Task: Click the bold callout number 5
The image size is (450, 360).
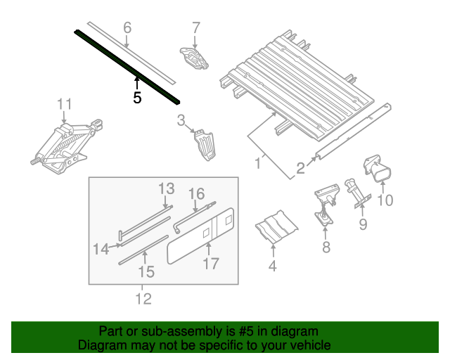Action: pos(137,98)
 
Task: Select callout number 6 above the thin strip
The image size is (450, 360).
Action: pos(127,28)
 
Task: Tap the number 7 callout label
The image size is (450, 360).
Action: pos(195,28)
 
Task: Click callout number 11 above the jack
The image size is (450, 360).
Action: pos(64,104)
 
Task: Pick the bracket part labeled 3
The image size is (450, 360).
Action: pos(205,145)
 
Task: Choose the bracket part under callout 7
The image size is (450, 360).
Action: pos(194,58)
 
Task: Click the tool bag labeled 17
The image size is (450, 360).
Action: pos(201,236)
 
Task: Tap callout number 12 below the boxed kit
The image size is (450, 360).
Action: pos(143,299)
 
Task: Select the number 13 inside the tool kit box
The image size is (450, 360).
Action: pos(167,188)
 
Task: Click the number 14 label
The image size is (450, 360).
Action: pos(101,249)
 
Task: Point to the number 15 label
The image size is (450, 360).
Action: pos(146,271)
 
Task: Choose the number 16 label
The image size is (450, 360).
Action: pos(197,194)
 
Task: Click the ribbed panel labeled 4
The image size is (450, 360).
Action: pos(276,227)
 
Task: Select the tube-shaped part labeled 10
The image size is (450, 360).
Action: pos(378,169)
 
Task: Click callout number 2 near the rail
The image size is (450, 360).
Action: pos(300,168)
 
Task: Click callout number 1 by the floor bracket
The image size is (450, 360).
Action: pos(258,163)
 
